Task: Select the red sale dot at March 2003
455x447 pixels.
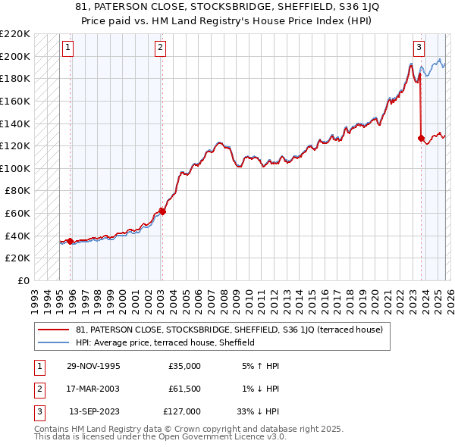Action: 162,211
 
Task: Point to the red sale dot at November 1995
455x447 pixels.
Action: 71,241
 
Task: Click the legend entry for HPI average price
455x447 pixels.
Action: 165,342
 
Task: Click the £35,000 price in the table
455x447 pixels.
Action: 184,366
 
